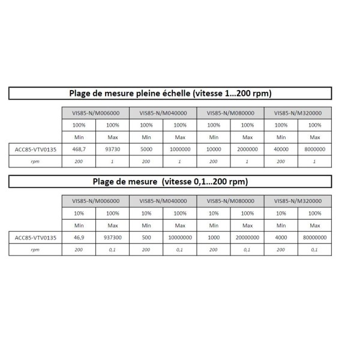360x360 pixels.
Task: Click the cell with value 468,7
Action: point(79,149)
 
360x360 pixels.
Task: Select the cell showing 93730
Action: point(112,149)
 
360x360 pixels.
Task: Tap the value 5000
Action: point(146,149)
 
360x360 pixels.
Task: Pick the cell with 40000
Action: point(280,149)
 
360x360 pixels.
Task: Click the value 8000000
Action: point(314,149)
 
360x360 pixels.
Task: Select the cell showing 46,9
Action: point(79,238)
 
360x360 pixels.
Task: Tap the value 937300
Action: point(112,238)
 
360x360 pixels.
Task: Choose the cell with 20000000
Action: point(247,238)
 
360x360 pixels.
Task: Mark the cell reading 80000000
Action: point(314,238)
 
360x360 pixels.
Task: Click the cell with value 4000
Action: point(280,238)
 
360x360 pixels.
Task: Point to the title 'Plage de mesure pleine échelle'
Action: point(169,93)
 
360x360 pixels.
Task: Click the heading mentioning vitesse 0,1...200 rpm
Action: point(169,181)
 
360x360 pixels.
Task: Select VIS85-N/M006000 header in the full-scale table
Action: point(95,113)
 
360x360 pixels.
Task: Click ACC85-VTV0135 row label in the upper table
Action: point(35,149)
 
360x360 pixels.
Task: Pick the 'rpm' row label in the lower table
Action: point(35,250)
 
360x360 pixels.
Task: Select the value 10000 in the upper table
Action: point(213,149)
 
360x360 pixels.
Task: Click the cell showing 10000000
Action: point(179,238)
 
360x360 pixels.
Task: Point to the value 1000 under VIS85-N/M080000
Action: point(213,238)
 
